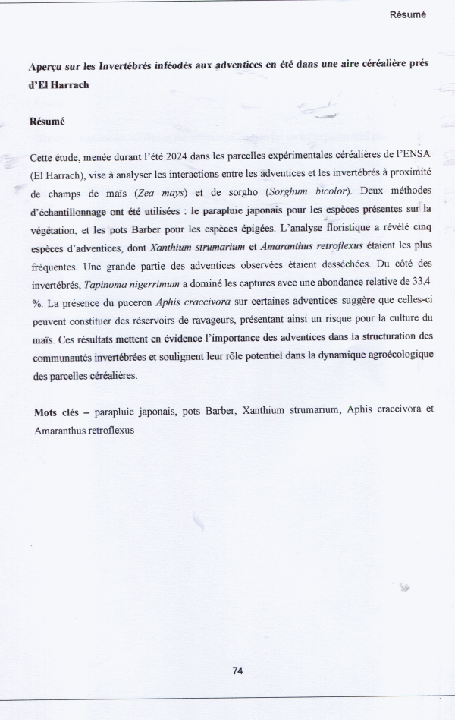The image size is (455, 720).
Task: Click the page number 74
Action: click(237, 671)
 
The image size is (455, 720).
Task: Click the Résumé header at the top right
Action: click(408, 14)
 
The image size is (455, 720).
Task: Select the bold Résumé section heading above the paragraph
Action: click(46, 122)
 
